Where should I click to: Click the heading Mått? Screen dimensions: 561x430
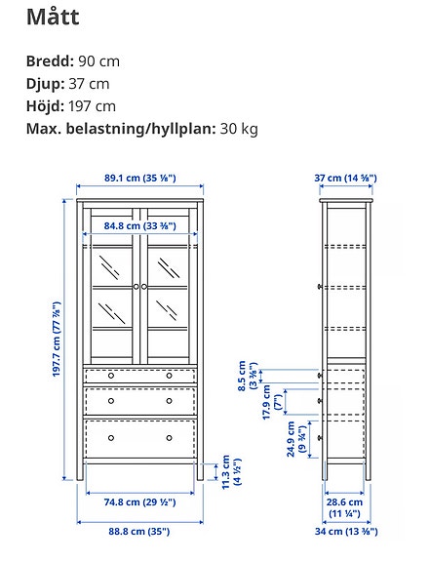[x=53, y=17]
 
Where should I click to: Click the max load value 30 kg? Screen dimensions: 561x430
[x=238, y=129]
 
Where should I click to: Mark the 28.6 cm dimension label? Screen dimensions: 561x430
[x=346, y=505]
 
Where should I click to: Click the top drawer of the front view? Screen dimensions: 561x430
[x=139, y=375]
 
